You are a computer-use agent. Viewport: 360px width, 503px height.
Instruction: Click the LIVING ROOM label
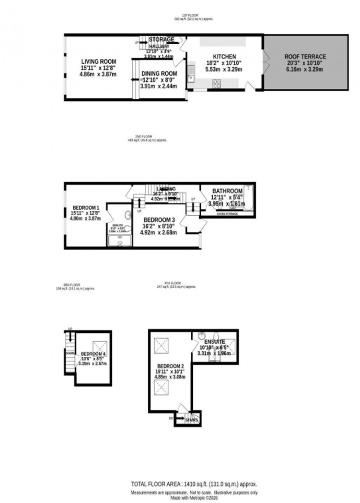tap(98, 62)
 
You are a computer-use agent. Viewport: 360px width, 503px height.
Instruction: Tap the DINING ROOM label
tap(159, 74)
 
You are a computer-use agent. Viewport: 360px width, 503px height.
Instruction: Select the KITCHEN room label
tap(224, 57)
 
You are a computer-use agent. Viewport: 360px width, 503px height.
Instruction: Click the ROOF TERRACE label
tap(305, 57)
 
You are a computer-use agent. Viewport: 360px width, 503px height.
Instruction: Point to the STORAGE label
tap(161, 39)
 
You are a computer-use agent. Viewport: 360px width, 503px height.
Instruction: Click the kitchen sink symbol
tap(191, 73)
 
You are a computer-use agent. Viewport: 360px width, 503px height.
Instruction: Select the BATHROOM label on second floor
tap(227, 191)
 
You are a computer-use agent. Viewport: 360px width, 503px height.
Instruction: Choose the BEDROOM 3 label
tap(157, 220)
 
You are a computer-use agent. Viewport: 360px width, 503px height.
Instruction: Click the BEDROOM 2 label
tap(170, 366)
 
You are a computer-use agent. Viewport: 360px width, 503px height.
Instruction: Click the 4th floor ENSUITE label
tap(215, 342)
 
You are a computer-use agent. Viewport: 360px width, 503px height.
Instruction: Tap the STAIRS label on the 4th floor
tap(191, 420)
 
